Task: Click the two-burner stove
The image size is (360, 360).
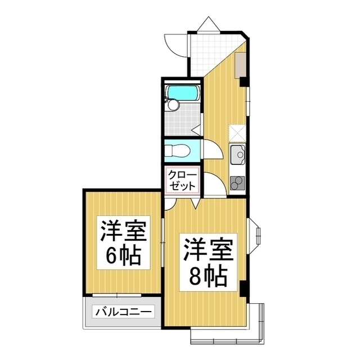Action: (237, 183)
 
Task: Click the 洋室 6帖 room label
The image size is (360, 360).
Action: (123, 243)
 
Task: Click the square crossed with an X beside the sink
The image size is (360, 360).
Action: (237, 132)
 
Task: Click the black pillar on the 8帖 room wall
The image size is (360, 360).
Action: (244, 288)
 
